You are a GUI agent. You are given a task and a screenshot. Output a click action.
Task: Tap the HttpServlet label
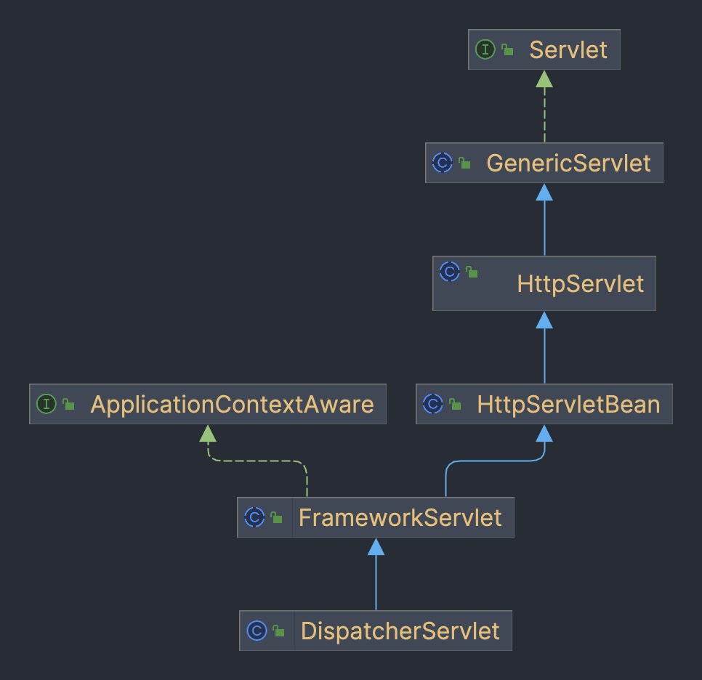[x=580, y=283]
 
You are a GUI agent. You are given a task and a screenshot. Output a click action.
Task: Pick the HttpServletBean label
[x=568, y=405]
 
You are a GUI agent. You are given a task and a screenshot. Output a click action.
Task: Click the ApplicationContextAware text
[x=232, y=405]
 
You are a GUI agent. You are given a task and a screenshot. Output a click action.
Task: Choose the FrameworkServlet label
[x=400, y=517]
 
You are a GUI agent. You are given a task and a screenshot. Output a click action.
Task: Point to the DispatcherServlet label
[x=400, y=631]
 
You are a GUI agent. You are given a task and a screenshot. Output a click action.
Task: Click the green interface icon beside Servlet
[x=485, y=49]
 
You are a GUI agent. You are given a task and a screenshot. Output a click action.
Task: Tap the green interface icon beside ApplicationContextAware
[x=46, y=404]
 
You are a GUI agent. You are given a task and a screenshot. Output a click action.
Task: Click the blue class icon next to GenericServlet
[x=442, y=163]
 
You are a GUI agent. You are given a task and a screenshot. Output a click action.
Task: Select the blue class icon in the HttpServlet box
[x=450, y=272]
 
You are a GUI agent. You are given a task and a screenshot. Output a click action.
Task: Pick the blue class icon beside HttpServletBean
[x=432, y=404]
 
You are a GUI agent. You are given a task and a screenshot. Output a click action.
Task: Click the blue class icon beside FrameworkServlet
[x=254, y=517]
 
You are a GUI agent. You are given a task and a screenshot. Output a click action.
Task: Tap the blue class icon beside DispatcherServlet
[x=257, y=631]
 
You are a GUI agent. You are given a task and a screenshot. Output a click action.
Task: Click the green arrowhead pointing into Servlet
[x=544, y=78]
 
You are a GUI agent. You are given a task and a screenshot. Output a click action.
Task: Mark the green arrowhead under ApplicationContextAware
[x=208, y=434]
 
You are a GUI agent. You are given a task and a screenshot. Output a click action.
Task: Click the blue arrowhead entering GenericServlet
[x=544, y=192]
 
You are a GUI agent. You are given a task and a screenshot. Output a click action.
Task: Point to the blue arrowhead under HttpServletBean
[x=544, y=434]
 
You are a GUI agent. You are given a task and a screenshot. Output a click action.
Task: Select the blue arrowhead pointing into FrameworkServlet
[x=376, y=546]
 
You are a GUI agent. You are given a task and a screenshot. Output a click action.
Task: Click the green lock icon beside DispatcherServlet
[x=279, y=631]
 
